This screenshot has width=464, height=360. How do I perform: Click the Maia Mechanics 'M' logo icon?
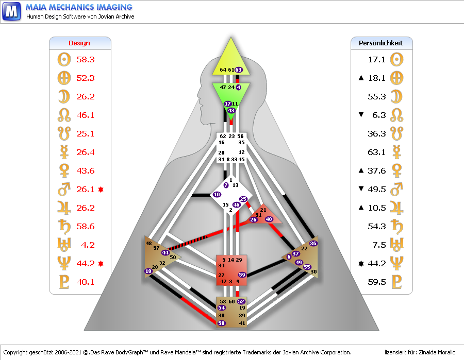coord(11,11)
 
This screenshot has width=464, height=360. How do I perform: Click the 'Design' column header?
coord(79,43)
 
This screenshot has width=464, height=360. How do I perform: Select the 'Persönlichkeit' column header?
coord(380,43)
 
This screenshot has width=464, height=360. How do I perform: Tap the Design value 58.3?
coord(86,60)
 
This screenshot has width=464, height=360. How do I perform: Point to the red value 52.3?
coord(86,78)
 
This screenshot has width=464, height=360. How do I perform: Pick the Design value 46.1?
coord(86,115)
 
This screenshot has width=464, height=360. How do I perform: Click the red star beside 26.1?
coord(101,190)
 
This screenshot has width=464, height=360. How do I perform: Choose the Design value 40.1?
coord(86,282)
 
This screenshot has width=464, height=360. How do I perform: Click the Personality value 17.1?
coord(377,60)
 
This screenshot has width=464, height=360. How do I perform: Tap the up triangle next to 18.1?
coord(361,78)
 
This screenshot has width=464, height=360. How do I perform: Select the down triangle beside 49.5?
coord(361,190)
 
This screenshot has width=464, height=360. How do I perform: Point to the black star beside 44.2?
coord(361,264)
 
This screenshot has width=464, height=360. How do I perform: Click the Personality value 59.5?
coord(377,282)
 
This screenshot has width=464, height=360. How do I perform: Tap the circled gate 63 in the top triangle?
coord(239,70)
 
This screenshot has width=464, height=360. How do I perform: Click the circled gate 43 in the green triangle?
coord(231,111)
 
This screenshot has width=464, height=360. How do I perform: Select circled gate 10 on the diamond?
coord(217,195)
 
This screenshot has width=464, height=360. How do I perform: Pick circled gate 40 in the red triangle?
coord(269,219)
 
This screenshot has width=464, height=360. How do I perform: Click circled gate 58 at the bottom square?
coord(222,323)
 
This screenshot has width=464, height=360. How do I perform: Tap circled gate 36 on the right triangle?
coord(312,243)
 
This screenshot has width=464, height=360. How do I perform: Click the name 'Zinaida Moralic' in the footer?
coord(433,352)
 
